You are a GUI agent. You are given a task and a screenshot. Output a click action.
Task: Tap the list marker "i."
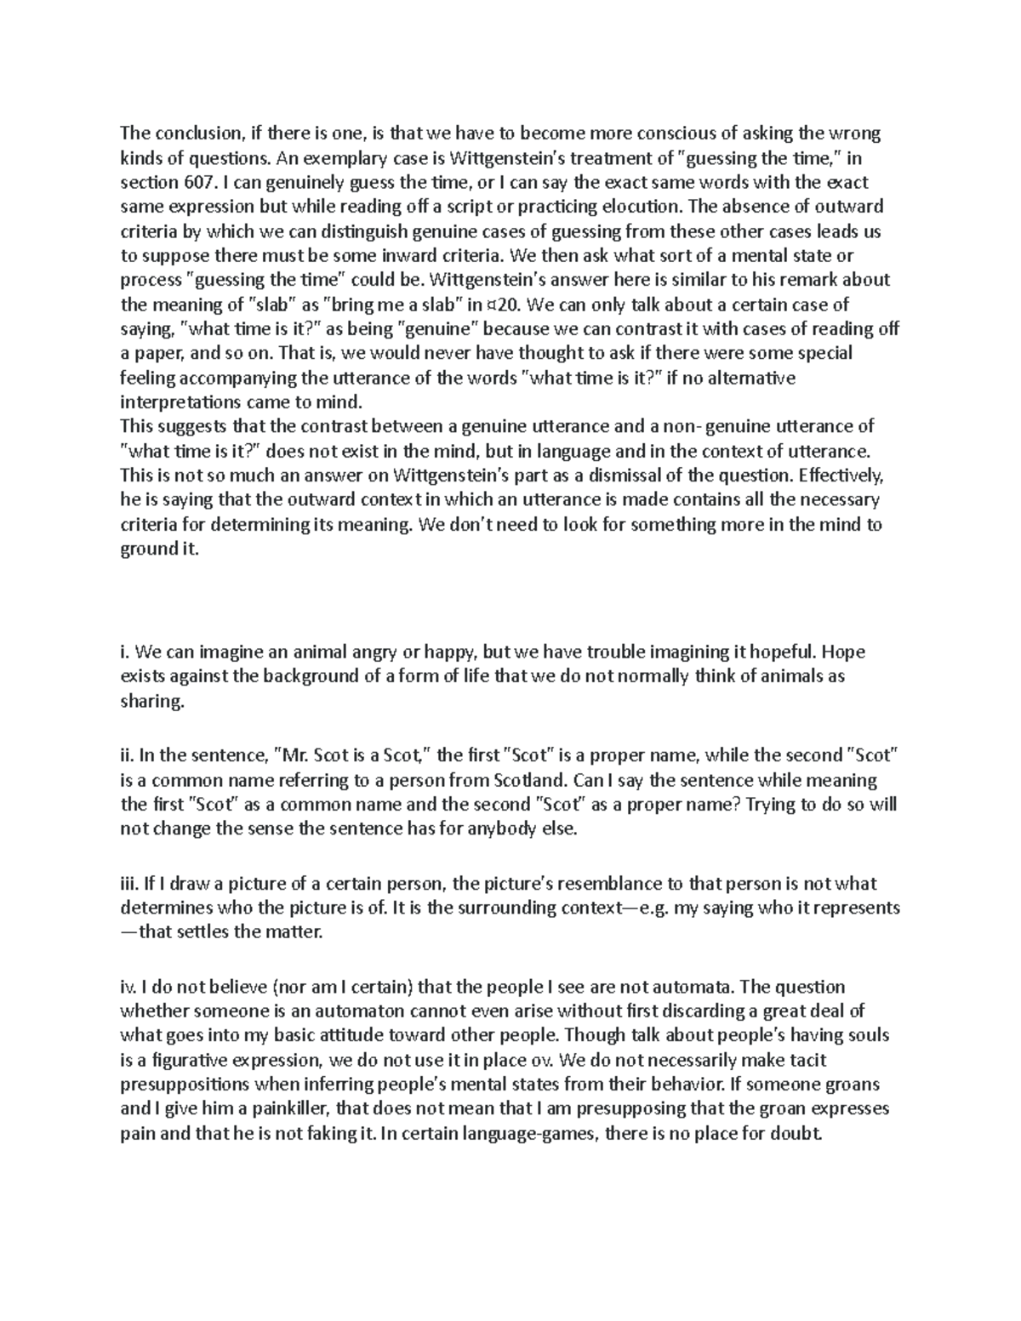coord(126,652)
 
